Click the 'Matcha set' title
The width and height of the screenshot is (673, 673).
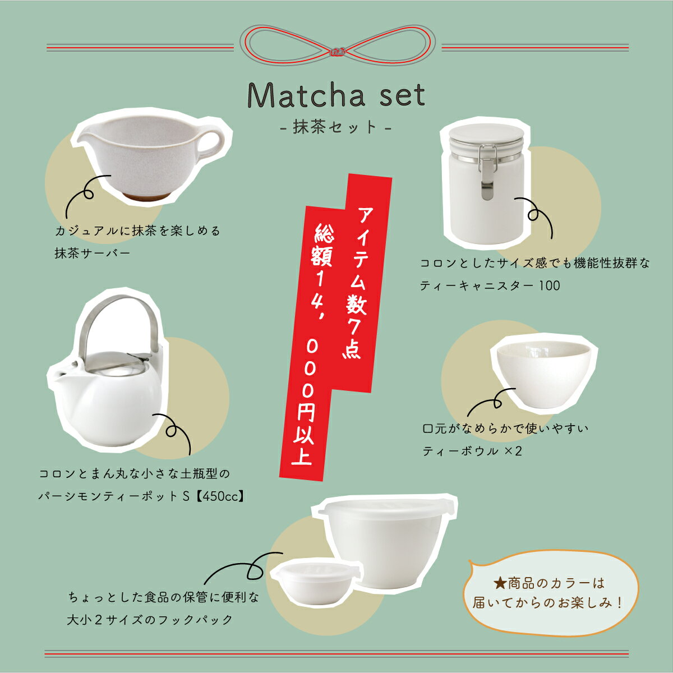(x=336, y=95)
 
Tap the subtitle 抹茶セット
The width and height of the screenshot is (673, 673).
(x=335, y=127)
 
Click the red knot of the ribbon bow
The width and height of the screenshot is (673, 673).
(x=337, y=52)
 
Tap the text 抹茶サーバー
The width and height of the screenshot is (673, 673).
(x=92, y=253)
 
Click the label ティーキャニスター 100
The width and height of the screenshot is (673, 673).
(x=490, y=286)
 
